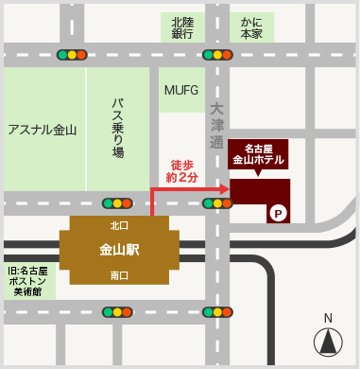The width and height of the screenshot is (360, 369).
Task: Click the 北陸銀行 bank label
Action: tap(182, 26)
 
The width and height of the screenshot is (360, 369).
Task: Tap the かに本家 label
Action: tap(252, 26)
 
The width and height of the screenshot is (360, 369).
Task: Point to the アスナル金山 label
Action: tap(42, 130)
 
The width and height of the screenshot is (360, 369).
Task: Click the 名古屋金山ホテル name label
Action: tap(260, 154)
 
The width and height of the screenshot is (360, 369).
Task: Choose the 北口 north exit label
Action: tap(119, 225)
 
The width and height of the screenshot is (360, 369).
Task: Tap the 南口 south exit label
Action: tap(119, 275)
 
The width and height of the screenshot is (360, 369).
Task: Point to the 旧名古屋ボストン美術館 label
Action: tap(28, 281)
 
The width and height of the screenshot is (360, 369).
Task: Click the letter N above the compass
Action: tap(328, 318)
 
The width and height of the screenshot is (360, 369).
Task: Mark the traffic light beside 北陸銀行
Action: tap(217, 55)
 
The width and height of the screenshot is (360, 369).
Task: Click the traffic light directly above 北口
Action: tap(118, 202)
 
